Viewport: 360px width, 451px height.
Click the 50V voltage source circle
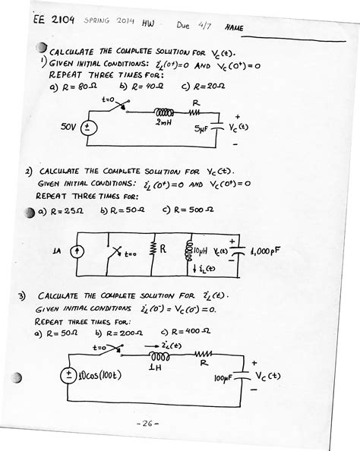coord(89,128)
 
